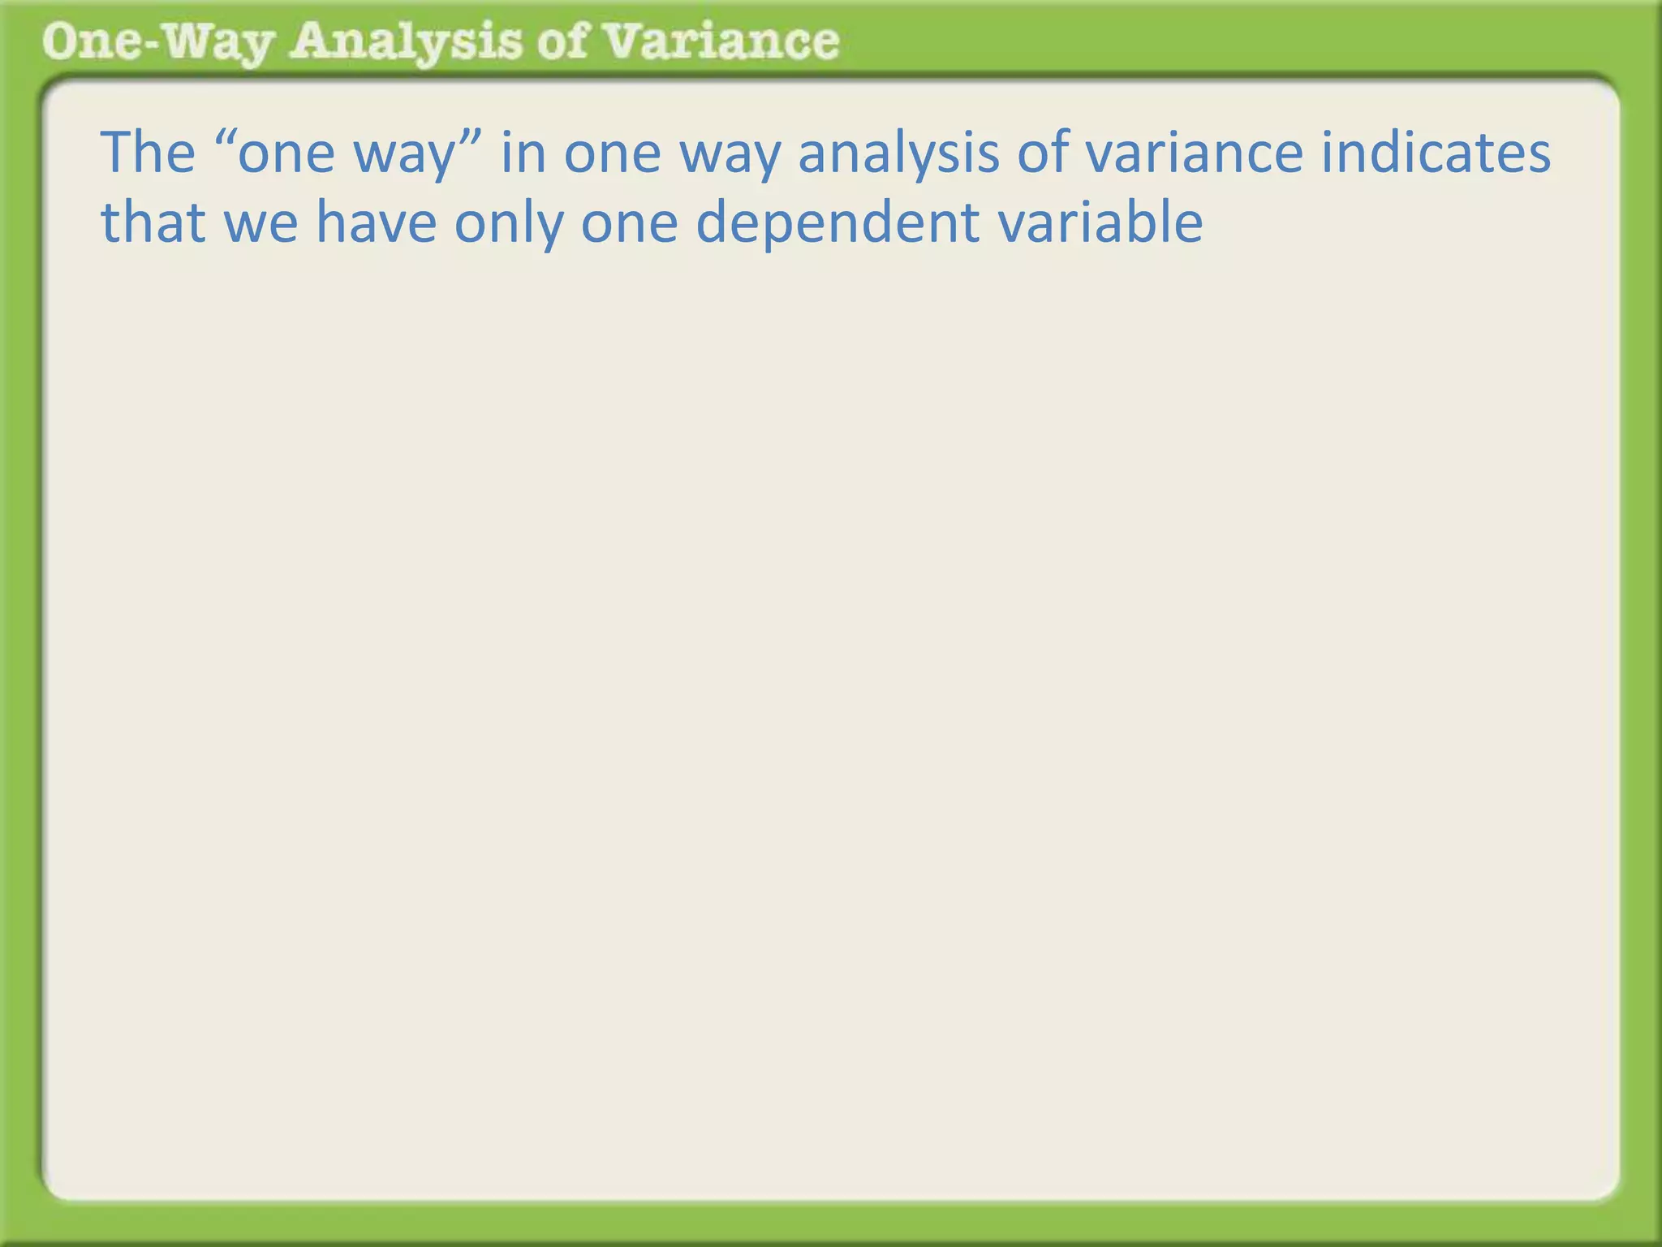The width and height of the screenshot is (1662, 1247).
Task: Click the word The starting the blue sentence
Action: [x=148, y=153]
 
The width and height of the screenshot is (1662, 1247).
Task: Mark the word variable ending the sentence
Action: [x=1100, y=222]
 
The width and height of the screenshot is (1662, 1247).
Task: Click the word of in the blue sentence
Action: [x=1042, y=153]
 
